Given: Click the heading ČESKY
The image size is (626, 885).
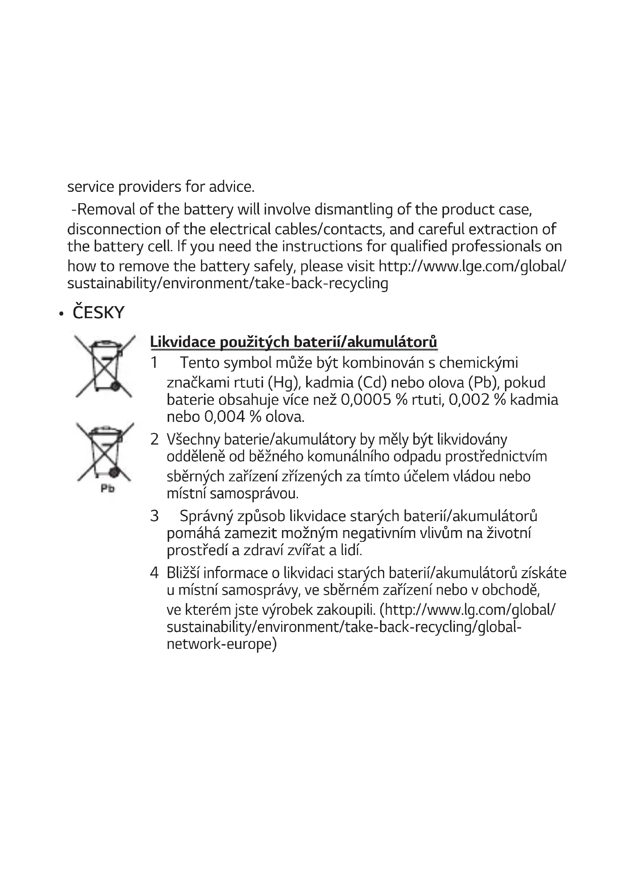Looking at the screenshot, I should pos(98,313).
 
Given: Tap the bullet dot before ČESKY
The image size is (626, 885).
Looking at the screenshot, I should pos(61,314).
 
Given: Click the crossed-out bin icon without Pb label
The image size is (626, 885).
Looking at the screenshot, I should pos(104,366).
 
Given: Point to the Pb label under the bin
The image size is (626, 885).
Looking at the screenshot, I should pos(107,489).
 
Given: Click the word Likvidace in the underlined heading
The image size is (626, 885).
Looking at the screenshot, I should pos(182,342).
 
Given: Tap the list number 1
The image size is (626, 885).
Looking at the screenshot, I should pos(154,363).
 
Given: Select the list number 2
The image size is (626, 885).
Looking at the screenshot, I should pos(154,439).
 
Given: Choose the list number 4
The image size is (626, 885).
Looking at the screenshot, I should pos(154,573).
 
